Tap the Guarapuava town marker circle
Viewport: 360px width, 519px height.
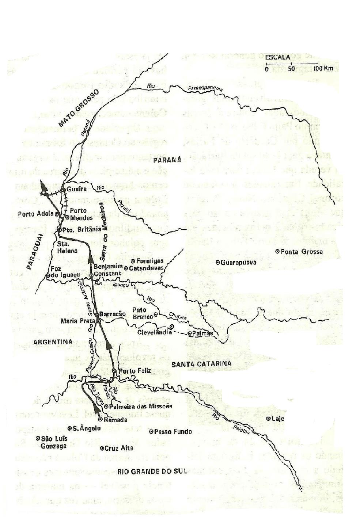point(218,262)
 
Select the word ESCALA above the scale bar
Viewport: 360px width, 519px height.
point(277,57)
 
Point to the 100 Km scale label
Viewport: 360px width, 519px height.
point(321,69)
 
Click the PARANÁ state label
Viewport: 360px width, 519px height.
point(167,160)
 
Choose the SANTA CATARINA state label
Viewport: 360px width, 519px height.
point(201,364)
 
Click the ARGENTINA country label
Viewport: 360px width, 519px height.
point(52,342)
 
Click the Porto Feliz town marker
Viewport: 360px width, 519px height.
point(114,371)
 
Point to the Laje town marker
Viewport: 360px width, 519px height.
point(268,419)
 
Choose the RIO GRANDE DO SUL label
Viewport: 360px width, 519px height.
point(151,471)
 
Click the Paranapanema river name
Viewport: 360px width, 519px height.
point(205,89)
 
